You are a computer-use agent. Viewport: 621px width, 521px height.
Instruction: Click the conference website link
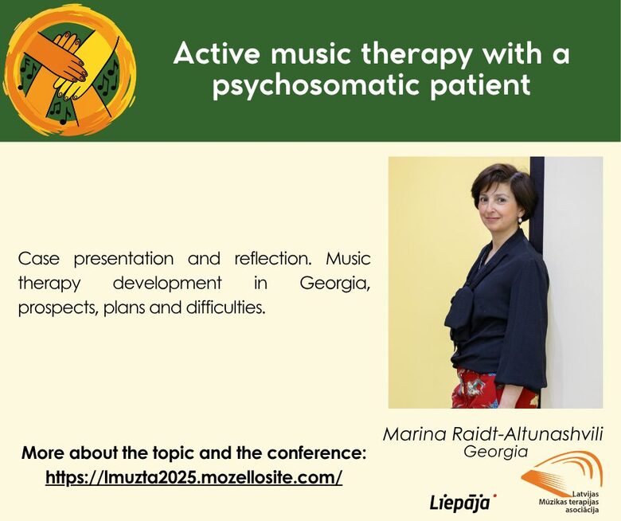(x=193, y=477)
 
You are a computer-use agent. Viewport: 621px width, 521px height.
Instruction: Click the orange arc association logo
(x=562, y=472)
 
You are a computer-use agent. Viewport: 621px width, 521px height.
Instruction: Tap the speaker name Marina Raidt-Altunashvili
(x=493, y=434)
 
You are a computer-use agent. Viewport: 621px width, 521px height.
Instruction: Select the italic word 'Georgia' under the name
(x=495, y=451)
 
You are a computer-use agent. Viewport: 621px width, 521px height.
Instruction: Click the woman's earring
(x=520, y=220)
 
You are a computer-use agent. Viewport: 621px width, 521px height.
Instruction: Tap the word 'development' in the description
(x=167, y=284)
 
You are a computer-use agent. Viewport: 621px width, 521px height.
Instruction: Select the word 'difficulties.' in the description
(x=225, y=308)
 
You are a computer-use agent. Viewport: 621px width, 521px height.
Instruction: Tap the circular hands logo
(x=69, y=71)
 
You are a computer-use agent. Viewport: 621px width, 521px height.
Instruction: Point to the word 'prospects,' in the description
(x=58, y=308)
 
